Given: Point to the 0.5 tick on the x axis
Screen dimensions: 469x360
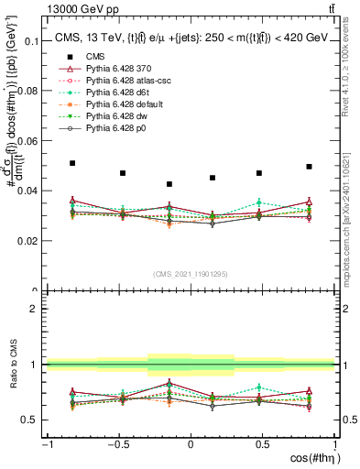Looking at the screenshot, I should tap(263, 442).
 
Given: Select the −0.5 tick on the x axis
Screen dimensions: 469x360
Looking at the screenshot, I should tap(117, 442).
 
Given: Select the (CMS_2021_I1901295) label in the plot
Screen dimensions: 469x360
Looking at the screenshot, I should tap(191, 274).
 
